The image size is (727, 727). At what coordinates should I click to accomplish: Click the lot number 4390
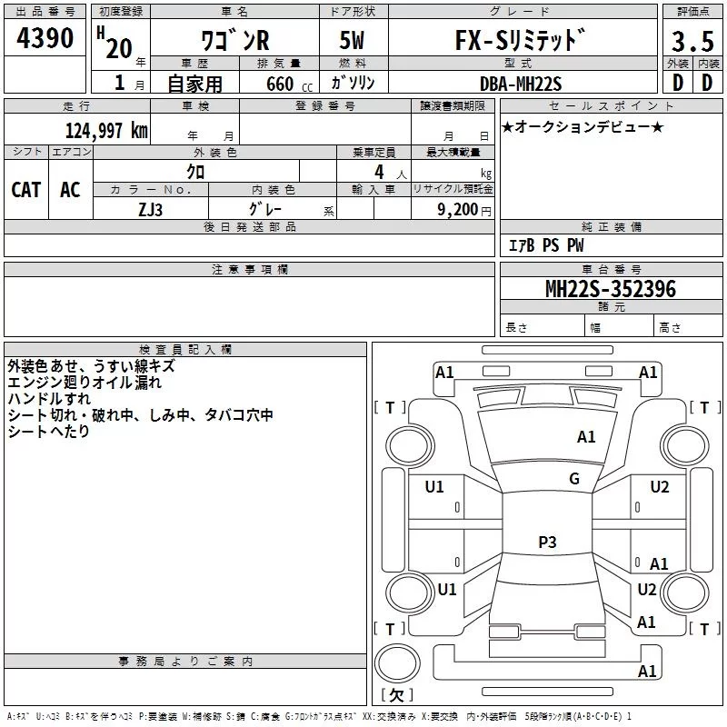coord(45,37)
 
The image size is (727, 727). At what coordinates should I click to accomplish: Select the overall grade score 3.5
coord(692,41)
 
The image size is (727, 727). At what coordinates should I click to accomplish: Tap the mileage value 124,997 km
coord(106,130)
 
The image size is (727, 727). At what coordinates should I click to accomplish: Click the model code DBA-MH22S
coord(521,84)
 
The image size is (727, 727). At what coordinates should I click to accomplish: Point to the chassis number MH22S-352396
coord(611,289)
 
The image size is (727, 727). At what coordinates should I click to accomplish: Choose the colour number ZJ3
coord(151,210)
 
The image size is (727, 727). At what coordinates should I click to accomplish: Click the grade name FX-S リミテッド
coord(520,40)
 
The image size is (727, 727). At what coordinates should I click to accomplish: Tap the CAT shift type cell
coord(26,190)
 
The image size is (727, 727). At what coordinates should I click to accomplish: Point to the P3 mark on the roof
coord(547,542)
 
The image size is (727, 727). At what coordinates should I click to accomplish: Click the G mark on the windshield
coord(574,479)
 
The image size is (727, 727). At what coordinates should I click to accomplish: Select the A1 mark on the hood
coord(586,437)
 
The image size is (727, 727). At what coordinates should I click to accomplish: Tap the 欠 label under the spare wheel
coord(397,694)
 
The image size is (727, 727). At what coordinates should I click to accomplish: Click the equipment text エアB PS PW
coord(546,245)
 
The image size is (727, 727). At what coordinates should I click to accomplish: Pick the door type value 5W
coord(352,40)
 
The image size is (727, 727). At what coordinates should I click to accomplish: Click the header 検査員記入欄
coord(185,350)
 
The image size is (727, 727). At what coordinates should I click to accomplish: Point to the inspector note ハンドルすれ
coord(49,399)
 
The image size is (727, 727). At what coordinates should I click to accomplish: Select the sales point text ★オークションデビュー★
coord(583,126)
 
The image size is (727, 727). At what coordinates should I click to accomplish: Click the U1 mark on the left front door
coord(434,487)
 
